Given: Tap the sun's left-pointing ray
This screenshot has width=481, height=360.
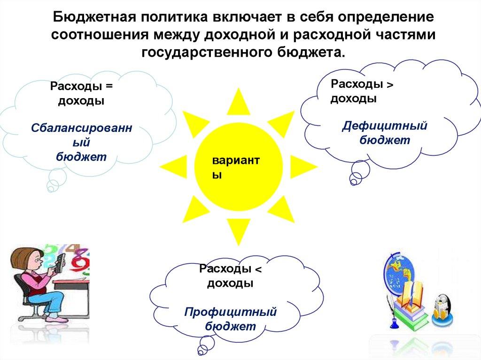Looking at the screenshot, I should (x=173, y=166).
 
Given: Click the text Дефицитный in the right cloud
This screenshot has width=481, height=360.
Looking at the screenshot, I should (x=385, y=126).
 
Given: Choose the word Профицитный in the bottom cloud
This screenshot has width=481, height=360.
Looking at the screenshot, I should (x=230, y=311).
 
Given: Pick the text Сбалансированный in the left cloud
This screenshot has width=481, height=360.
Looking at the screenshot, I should (x=81, y=134).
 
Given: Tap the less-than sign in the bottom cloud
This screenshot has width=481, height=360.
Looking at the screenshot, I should (x=257, y=269).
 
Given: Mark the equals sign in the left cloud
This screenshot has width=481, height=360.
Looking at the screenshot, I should (x=110, y=87).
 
